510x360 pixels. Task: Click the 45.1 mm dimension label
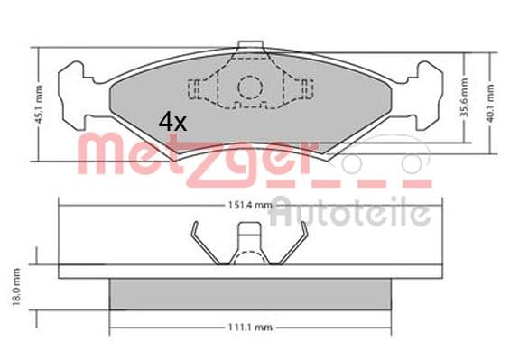[39, 104]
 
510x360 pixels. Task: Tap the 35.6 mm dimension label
[465, 97]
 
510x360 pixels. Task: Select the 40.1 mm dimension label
[490, 103]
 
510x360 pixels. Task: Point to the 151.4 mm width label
[250, 205]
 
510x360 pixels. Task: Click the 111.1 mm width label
[250, 328]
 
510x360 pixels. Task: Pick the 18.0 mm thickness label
[16, 287]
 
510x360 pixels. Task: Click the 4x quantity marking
[172, 122]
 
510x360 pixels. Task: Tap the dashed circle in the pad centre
[250, 88]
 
